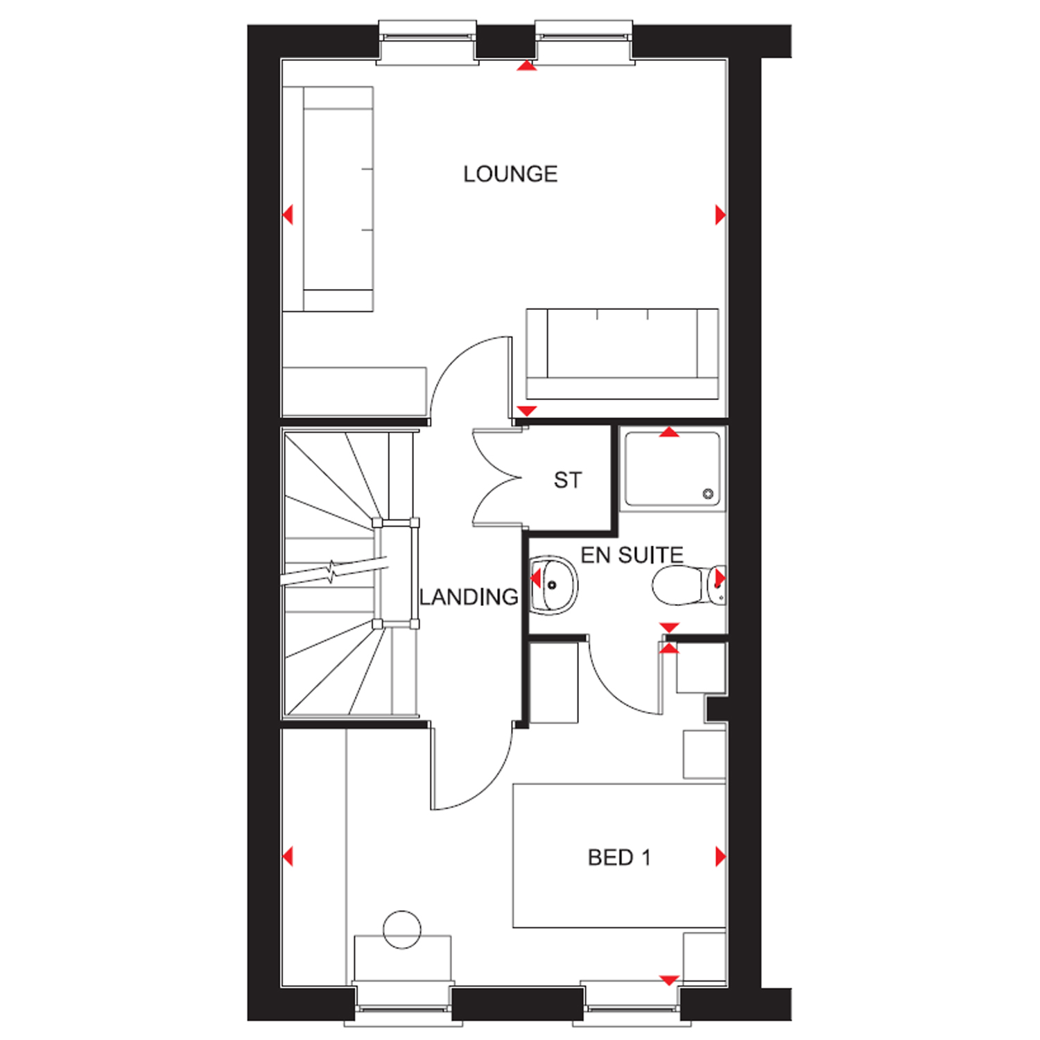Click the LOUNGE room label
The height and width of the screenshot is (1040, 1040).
coord(510,174)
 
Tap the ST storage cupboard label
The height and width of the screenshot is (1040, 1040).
coord(568,480)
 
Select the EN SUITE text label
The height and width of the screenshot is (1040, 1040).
coord(632,555)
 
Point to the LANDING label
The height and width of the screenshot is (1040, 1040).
coord(469,597)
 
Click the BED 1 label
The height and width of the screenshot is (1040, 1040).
coord(619,858)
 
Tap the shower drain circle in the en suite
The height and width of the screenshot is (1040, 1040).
coord(708,494)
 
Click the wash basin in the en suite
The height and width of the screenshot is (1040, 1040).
coord(553,585)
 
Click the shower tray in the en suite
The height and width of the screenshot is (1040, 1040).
coord(673,469)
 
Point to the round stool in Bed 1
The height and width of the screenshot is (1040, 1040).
coord(402,929)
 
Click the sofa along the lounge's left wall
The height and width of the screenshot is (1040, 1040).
coord(328,199)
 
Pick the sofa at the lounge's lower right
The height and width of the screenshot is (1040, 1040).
coord(622,354)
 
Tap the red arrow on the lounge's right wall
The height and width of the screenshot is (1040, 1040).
coord(720,215)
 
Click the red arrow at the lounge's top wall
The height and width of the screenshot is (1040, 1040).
coord(527,66)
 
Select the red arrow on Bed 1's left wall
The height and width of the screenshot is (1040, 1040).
coord(288,856)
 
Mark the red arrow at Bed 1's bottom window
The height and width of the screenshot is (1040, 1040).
coord(668,980)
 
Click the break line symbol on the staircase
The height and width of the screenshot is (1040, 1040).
coord(333,573)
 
